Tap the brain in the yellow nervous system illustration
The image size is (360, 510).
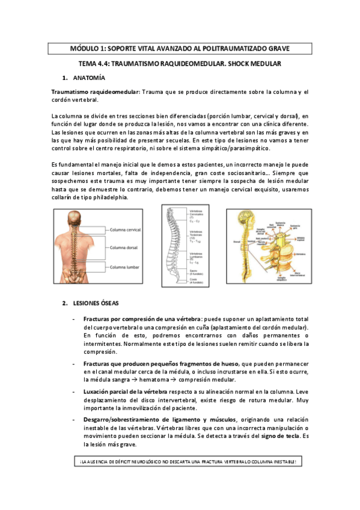(x=247, y=219)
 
